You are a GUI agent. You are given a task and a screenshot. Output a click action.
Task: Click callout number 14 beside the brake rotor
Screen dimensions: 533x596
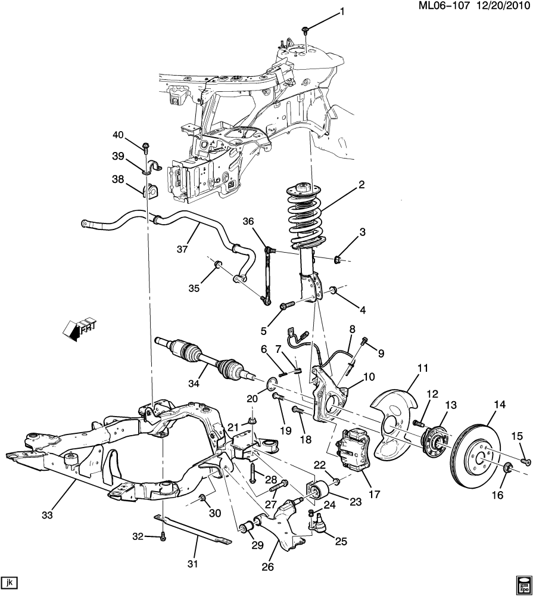[500, 405]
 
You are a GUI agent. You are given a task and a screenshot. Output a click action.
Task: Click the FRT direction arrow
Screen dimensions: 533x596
[79, 327]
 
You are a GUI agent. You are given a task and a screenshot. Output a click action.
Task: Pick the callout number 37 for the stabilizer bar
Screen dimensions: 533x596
[182, 249]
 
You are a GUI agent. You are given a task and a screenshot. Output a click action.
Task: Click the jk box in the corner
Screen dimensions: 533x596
[10, 582]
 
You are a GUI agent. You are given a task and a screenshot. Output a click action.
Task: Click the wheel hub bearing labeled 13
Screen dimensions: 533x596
[435, 441]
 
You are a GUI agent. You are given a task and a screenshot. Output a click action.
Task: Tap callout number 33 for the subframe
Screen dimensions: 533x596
[48, 516]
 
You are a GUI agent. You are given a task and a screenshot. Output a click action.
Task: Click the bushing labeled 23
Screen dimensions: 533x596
[317, 490]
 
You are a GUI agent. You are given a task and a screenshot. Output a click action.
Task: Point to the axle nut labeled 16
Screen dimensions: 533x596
[508, 468]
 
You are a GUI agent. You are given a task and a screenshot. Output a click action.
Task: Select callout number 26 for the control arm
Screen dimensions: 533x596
[268, 567]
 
